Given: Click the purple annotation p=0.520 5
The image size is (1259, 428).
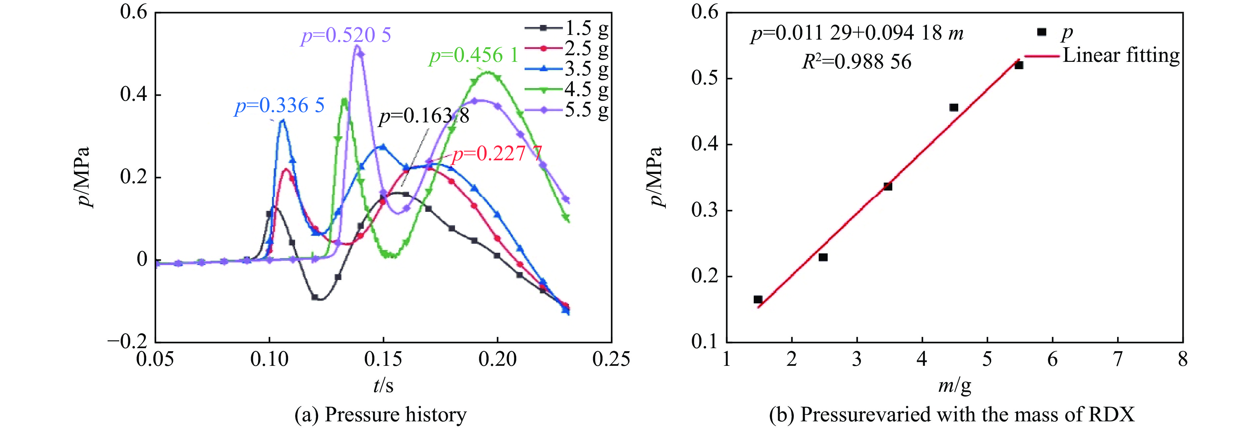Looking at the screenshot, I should coord(346,36).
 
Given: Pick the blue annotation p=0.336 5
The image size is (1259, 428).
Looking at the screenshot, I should coord(279,106).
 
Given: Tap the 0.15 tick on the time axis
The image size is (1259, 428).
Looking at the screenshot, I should coord(383,360).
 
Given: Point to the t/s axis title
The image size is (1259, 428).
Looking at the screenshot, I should coord(383,385).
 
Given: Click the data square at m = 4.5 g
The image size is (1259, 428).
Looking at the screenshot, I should coord(954,107).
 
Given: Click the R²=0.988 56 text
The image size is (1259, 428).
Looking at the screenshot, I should coord(857,62).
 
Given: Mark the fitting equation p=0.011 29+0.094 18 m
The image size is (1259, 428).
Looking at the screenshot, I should coord(857,33).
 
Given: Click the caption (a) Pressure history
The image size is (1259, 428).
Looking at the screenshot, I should coord(380,415).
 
